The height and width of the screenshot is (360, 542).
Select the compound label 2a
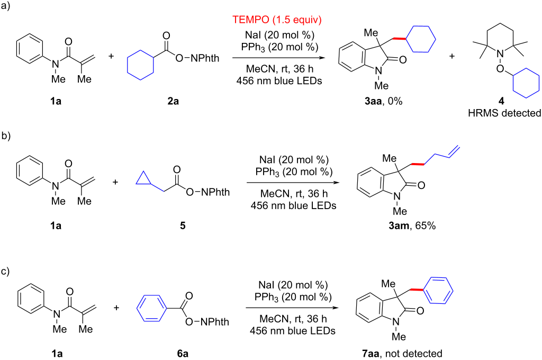174,101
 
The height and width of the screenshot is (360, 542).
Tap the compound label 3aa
373,101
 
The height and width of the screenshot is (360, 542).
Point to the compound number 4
501,101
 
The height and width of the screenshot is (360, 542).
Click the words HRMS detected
504,113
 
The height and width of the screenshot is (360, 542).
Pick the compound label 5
183,226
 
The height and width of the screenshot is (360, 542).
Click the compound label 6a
183,354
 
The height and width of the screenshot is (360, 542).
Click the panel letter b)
6,136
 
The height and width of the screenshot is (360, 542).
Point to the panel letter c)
5,272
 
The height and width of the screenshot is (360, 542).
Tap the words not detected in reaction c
414,354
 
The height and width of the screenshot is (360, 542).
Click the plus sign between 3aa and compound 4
452,56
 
